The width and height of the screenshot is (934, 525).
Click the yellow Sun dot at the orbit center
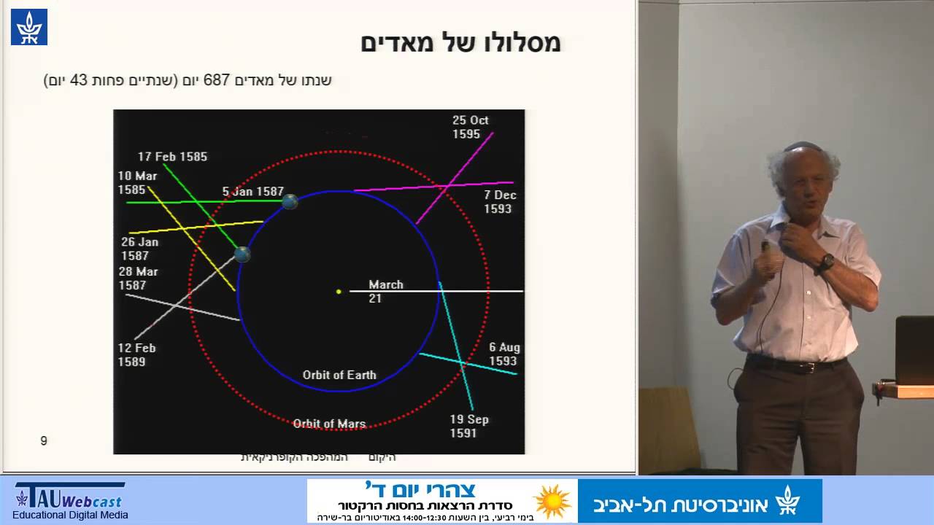(339, 292)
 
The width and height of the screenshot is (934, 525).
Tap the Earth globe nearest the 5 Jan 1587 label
(290, 201)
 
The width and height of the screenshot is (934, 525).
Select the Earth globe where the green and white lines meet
(242, 254)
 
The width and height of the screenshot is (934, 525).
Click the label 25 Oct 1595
(470, 127)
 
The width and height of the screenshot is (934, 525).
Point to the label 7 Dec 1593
(499, 202)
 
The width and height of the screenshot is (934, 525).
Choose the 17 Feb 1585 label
(172, 157)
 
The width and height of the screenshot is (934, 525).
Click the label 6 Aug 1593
(503, 354)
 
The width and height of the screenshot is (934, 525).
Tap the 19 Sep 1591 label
(468, 426)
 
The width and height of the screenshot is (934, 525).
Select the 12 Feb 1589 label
(136, 355)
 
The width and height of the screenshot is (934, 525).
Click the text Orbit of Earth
(339, 375)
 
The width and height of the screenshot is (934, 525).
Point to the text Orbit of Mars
(329, 424)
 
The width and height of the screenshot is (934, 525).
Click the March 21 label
(385, 290)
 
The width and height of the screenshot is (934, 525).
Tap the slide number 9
(44, 440)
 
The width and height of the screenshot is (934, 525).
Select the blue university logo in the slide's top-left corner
(29, 27)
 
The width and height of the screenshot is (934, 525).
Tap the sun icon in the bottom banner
(552, 501)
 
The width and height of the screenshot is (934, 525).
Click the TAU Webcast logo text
(70, 499)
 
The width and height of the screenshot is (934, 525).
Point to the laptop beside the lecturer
(914, 350)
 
